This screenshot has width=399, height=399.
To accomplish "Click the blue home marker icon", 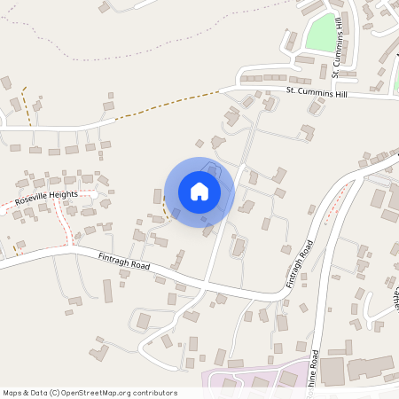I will (x=199, y=191).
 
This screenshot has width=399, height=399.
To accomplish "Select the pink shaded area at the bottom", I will (x=257, y=379).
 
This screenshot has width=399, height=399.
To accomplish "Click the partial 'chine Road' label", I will (x=313, y=372).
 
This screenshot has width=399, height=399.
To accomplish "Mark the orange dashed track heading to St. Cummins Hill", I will (x=168, y=104).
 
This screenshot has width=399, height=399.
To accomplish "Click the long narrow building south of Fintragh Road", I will (x=108, y=291).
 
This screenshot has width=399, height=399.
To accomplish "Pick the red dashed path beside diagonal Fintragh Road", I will (x=330, y=213).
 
